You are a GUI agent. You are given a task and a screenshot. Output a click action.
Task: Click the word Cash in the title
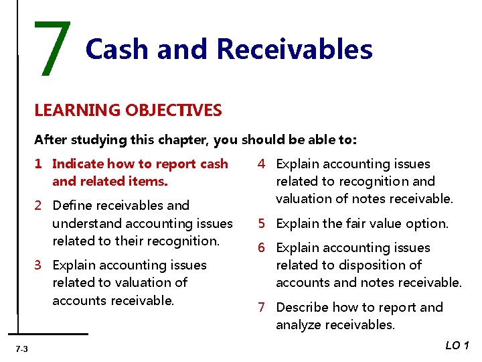[113, 49]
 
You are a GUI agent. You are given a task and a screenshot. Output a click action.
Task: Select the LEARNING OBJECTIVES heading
[128, 110]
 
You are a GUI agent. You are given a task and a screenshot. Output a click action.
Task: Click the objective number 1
[39, 164]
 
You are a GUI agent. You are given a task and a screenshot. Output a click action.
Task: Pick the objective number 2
[39, 206]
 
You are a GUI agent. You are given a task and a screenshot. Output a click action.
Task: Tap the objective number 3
[39, 265]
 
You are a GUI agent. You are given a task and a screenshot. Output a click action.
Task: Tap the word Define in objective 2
[73, 206]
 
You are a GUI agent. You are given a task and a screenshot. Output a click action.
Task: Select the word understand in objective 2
[86, 223]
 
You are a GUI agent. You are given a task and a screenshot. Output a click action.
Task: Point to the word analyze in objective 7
[300, 325]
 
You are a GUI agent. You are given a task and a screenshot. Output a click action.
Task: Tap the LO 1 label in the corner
[458, 345]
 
